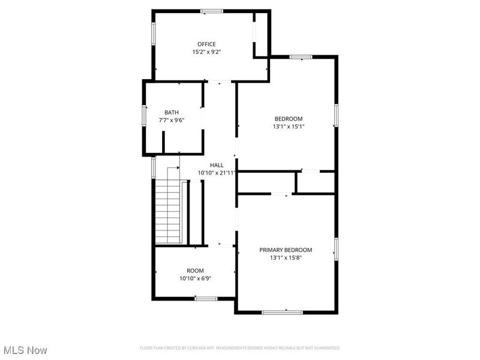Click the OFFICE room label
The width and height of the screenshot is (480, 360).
(x=207, y=44)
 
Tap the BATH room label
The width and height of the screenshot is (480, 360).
(x=172, y=112)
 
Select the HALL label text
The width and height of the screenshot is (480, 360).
(x=217, y=165)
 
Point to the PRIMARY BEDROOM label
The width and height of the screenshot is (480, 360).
(x=286, y=250)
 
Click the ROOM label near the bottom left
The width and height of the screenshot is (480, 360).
(x=195, y=271)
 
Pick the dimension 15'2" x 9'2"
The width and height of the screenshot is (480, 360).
(x=207, y=52)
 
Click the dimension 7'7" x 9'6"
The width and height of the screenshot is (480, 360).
(x=172, y=120)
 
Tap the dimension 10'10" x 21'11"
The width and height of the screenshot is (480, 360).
(x=216, y=173)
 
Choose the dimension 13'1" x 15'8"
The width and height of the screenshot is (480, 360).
(x=286, y=257)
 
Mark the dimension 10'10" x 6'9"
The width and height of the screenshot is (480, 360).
(x=195, y=278)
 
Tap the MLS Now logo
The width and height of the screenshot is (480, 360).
(x=25, y=349)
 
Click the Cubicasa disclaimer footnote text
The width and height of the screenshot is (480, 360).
(x=240, y=348)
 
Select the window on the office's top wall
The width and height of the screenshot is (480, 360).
(x=212, y=11)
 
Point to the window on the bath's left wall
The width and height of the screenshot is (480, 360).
(x=144, y=115)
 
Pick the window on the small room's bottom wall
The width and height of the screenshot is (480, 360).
(x=206, y=298)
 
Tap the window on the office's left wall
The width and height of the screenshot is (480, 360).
(x=154, y=32)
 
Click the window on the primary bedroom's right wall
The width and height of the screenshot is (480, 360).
(x=337, y=250)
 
